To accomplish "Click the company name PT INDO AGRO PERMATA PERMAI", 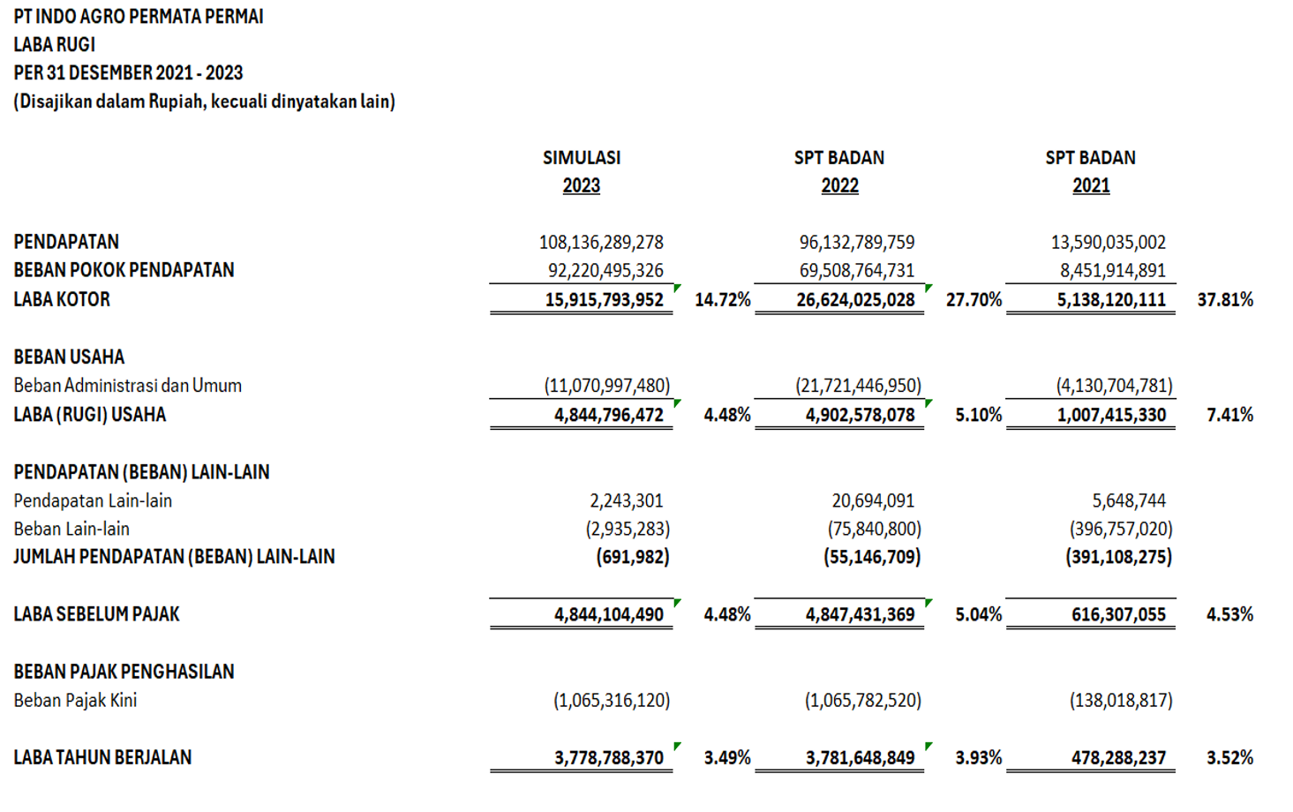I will point(139,17).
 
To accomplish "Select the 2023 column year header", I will point(581,186).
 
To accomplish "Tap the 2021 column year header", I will point(1091,186).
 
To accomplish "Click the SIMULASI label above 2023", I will point(581,158).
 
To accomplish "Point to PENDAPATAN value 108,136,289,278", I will point(601,242).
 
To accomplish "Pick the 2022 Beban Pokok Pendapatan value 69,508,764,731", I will point(856,271).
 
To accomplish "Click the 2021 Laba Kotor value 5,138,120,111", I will point(1111,300).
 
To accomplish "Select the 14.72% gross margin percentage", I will point(722,300).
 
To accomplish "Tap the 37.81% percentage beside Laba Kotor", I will point(1225,300).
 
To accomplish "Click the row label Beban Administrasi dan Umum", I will point(127,386).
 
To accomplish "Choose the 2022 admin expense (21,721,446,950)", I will point(858,386).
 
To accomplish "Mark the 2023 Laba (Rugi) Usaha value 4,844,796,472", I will point(608,415).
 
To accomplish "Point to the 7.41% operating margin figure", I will point(1229,415).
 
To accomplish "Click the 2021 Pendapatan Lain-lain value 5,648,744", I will point(1129,501).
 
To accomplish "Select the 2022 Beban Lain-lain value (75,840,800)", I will point(874,530).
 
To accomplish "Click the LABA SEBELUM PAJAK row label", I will point(96,614).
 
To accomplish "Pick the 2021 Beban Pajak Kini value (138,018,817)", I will point(1121,701).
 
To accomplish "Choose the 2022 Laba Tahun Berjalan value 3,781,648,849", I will point(860,758).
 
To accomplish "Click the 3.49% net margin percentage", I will point(727,758).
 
